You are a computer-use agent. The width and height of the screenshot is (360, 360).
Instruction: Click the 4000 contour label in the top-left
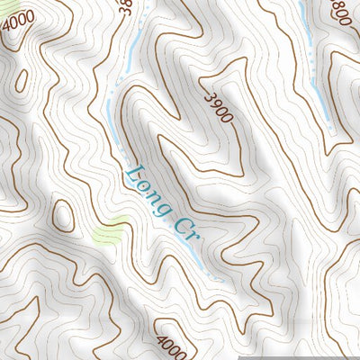pyautogui.click(x=18, y=19)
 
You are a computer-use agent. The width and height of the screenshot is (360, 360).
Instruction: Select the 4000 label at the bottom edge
pyautogui.click(x=171, y=346)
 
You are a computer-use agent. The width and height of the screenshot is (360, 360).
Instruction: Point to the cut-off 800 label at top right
pyautogui.click(x=340, y=10)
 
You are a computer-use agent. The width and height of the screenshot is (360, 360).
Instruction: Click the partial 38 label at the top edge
pyautogui.click(x=124, y=8)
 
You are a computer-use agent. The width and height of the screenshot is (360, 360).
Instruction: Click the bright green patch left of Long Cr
pyautogui.click(x=108, y=232)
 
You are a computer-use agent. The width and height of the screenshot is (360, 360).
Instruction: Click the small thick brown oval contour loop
pyautogui.click(x=63, y=216)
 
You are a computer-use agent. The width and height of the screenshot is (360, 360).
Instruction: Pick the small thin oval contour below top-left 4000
pyautogui.click(x=24, y=80)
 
